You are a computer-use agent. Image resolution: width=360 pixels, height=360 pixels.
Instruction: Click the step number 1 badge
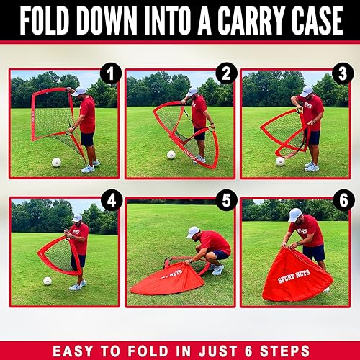click(x=110, y=73)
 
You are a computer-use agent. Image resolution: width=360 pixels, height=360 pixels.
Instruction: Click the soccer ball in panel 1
click(x=56, y=162)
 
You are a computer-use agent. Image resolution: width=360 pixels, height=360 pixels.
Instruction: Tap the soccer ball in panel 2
click(x=171, y=155)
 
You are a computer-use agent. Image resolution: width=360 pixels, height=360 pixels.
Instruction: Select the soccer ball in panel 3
click(x=280, y=161)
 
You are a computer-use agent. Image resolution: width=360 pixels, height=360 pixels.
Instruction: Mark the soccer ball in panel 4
click(x=48, y=281)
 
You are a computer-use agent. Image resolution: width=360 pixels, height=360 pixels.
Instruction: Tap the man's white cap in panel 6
click(x=294, y=215)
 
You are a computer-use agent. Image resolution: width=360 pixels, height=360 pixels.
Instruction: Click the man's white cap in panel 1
click(x=78, y=91)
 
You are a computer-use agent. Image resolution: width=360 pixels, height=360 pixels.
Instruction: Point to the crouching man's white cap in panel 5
click(x=192, y=232)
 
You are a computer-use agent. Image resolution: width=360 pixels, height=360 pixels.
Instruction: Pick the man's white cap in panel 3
click(x=307, y=91)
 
